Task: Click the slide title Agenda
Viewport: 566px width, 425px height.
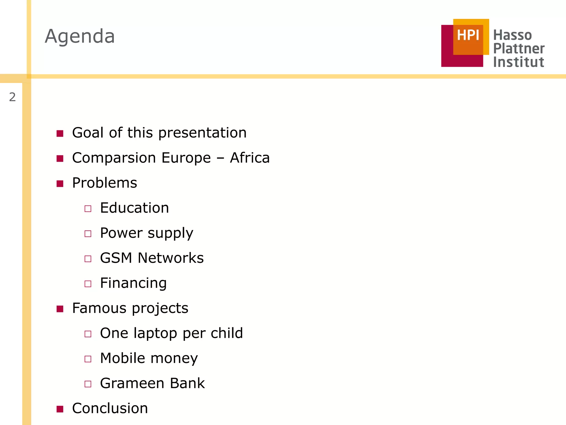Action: [80, 37]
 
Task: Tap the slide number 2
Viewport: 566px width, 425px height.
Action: [12, 97]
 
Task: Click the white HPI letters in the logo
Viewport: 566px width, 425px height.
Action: [468, 35]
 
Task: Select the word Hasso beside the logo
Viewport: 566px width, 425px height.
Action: [512, 35]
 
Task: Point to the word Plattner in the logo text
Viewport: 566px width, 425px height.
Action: [519, 49]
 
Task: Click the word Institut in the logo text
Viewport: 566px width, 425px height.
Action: [518, 62]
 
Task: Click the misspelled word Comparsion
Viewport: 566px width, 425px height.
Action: [114, 158]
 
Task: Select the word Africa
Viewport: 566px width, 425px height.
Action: [250, 158]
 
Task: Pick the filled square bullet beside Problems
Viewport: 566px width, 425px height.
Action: [60, 184]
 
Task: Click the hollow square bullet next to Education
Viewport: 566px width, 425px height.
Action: [88, 209]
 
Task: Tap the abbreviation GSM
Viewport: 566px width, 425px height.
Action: [116, 258]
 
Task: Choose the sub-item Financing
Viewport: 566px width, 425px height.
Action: [133, 283]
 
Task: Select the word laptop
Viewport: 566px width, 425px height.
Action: [155, 333]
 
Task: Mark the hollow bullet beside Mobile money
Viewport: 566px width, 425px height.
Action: [88, 359]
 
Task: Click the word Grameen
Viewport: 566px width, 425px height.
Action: [132, 383]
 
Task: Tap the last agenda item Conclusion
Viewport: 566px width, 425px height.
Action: [110, 408]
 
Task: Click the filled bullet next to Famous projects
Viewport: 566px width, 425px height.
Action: [60, 309]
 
